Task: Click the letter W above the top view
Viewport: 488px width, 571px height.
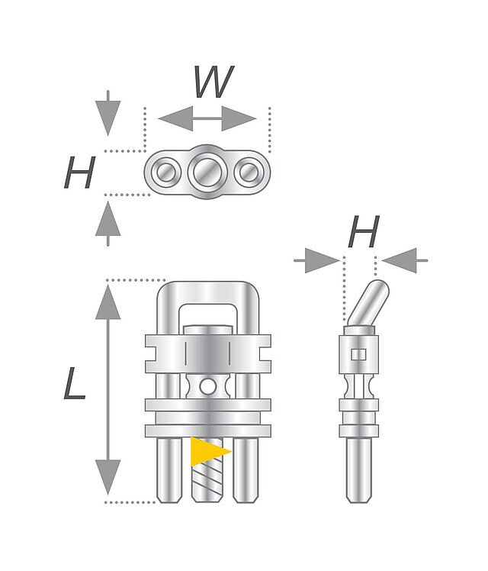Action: pos(213,82)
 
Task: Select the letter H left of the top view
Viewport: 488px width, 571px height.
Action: pos(79,174)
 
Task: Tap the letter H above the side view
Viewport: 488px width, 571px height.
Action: pos(363,233)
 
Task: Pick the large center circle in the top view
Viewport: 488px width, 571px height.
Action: pos(207,173)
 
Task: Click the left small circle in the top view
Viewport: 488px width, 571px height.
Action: pos(164,173)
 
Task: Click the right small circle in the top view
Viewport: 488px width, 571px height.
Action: pos(248,173)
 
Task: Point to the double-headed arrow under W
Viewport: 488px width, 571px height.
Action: pos(207,118)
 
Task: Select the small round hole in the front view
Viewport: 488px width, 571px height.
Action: pos(207,388)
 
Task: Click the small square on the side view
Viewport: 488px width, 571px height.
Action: pos(357,354)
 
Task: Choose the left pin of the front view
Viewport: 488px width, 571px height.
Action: pos(168,469)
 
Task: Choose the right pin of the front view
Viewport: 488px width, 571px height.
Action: pos(246,469)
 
